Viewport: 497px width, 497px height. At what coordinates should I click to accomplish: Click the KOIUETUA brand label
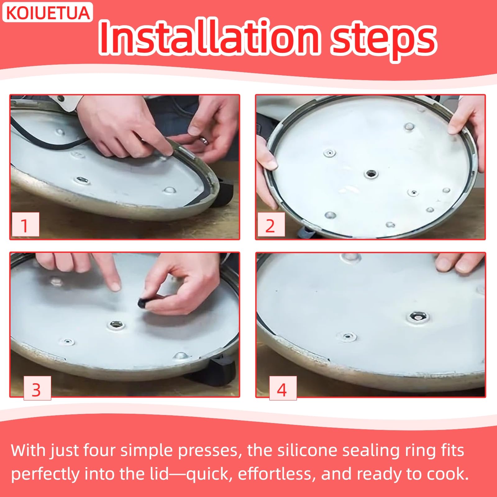click(48, 12)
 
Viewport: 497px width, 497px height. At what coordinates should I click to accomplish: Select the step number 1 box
click(25, 225)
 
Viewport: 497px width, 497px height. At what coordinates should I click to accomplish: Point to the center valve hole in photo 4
click(418, 317)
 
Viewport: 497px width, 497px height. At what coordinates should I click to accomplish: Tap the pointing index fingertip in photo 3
click(116, 286)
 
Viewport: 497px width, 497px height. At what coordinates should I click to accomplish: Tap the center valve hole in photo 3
click(116, 325)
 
